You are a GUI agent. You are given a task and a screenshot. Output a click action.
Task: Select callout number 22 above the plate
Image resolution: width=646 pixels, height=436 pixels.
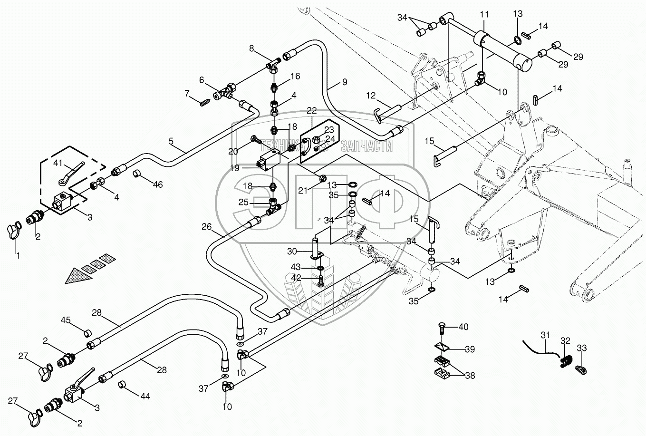coord(311,110)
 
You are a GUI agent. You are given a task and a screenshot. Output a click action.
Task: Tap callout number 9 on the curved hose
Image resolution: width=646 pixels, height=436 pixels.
coord(344,84)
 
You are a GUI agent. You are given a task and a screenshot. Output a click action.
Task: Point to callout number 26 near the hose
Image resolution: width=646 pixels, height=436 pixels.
coord(206,227)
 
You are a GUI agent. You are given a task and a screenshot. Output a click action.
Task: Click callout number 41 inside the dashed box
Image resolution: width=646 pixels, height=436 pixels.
coord(58,163)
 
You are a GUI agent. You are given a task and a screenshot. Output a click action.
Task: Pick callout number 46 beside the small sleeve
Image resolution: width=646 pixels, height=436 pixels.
coord(157,185)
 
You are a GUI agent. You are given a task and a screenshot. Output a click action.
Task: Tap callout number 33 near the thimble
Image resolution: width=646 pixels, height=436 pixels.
coord(582,348)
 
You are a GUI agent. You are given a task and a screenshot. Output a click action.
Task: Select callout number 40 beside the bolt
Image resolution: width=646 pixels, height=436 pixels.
coord(463,327)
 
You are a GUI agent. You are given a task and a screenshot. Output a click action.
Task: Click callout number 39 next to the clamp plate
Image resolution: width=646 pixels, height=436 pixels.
coord(470,349)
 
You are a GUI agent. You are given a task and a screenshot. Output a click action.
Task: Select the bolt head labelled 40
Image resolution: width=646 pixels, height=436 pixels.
coord(441,327)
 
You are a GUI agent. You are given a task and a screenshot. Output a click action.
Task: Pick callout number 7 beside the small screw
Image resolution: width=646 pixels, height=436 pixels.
coord(187,92)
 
